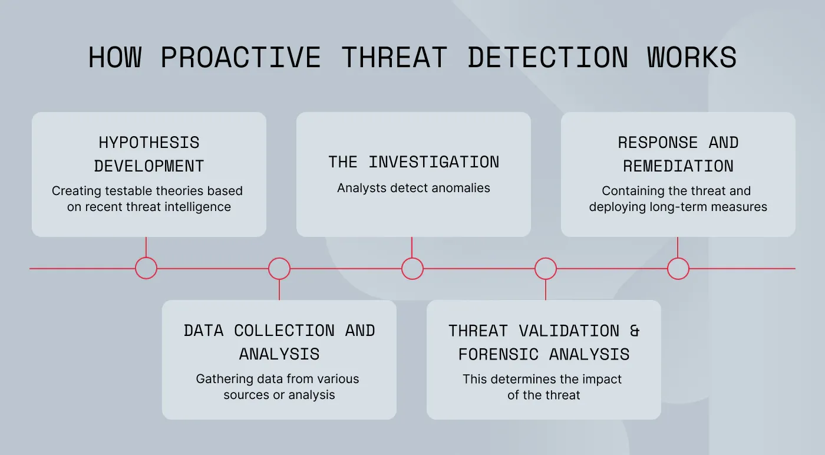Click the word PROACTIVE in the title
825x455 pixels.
240,58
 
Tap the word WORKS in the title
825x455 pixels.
692,58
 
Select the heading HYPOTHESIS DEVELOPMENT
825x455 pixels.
149,154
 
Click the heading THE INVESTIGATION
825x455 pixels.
414,162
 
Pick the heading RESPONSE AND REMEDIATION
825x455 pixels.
678,154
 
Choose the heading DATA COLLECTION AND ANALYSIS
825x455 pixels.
279,342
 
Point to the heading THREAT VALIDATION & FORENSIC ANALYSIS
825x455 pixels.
544,342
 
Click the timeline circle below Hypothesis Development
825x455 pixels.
146,268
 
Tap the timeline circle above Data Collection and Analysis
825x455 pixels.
279,268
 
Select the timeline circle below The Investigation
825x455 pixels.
412,268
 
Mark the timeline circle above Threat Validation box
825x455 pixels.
546,268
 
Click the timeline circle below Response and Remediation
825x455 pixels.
678,268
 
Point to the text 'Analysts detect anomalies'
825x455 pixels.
414,188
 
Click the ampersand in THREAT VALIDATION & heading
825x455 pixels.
635,331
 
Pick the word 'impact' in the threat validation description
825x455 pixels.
602,379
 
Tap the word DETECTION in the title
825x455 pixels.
547,58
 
